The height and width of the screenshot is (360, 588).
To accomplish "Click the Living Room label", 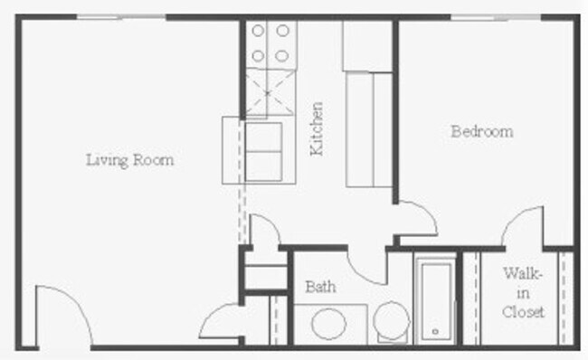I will click(x=129, y=160).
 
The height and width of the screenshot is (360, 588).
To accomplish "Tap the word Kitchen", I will click(x=317, y=128).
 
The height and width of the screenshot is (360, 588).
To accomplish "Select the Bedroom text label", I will click(x=481, y=131).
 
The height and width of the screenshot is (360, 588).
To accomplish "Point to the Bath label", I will click(x=320, y=287).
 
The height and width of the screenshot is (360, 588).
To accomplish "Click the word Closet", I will click(x=524, y=313).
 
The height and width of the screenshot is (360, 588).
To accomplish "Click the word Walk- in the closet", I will click(x=524, y=272).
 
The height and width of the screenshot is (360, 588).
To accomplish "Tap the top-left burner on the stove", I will click(x=258, y=31).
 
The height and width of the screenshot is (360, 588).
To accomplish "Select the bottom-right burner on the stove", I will click(x=283, y=55).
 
